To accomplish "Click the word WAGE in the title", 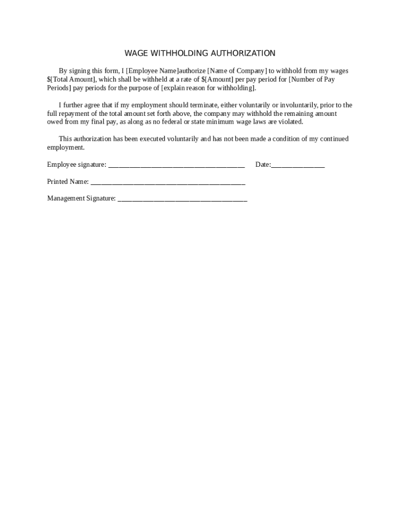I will click(135, 53).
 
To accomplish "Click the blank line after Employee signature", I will click(176, 165).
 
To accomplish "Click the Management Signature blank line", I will click(182, 198).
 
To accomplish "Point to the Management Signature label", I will click(81, 198).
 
